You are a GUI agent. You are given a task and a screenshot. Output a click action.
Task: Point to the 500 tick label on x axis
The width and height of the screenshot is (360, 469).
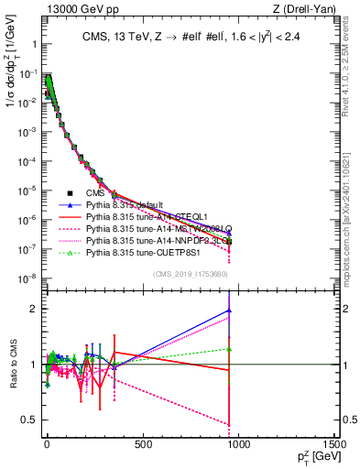[142, 445]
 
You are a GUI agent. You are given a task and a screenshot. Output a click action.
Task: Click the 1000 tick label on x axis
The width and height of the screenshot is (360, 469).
[238, 445]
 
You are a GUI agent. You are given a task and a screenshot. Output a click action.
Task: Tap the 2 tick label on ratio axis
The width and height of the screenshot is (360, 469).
[31, 310]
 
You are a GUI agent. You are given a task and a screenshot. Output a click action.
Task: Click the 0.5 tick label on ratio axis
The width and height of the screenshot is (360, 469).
[27, 420]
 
